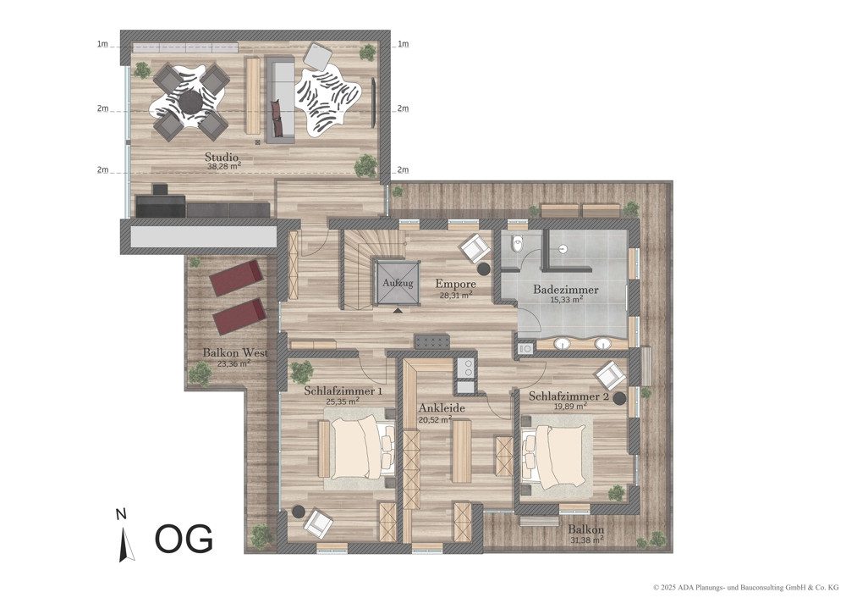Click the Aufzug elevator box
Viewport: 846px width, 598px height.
point(398,282)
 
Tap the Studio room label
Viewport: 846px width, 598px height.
point(222,158)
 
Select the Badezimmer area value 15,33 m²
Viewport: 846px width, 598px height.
point(565,299)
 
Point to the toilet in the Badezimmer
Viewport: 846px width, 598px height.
point(517,243)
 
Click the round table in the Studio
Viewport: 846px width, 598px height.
point(191,101)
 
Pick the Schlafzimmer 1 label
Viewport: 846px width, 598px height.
point(343,390)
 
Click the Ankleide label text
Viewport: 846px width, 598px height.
point(442,408)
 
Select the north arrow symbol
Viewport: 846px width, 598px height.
point(124,543)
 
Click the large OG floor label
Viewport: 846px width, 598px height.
point(184,538)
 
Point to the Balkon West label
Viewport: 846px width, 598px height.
point(235,352)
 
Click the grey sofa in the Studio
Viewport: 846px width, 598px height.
point(281,99)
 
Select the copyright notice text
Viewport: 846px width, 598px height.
point(745,586)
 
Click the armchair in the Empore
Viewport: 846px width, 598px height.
point(475,250)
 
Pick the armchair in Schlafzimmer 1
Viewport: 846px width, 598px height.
point(318,523)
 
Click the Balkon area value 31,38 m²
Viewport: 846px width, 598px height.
point(586,540)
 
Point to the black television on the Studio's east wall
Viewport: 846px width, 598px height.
point(373,102)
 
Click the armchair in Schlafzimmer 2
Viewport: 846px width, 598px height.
point(611,375)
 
